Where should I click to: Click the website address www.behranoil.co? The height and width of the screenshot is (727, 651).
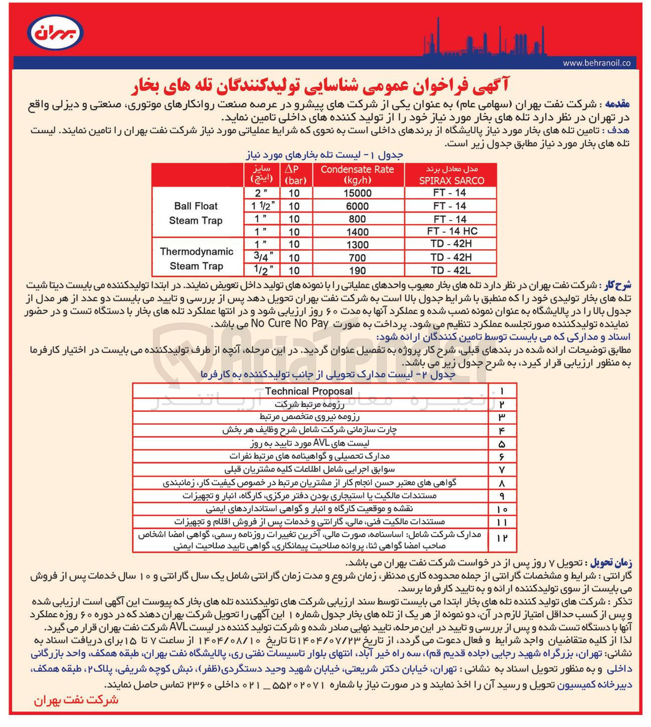596,63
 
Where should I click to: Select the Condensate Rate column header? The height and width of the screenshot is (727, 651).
357,175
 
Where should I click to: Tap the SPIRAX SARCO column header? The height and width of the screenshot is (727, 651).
451,175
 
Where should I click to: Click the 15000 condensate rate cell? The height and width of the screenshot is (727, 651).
357,194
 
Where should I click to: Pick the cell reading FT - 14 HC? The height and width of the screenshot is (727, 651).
451,231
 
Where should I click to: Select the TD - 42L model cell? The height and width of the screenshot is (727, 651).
450,270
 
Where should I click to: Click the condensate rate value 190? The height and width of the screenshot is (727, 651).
357,271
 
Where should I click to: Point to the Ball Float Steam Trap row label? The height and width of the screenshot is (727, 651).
196,213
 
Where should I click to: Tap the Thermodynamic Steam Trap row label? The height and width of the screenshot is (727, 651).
196,259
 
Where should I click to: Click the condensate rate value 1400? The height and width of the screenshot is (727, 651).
357,232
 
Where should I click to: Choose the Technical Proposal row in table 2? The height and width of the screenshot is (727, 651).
308,391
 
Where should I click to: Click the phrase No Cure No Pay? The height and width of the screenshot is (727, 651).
290,323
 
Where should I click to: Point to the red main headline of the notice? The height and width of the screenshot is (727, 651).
320,86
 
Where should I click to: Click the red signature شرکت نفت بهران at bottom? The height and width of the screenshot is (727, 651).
76,700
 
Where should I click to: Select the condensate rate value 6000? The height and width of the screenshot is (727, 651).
357,206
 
